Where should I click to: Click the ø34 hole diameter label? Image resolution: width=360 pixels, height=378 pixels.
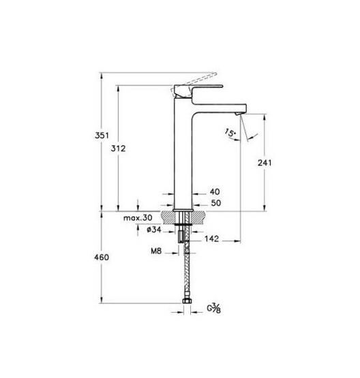[x=154, y=230]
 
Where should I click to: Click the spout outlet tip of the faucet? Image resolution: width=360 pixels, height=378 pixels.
[x=238, y=110]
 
